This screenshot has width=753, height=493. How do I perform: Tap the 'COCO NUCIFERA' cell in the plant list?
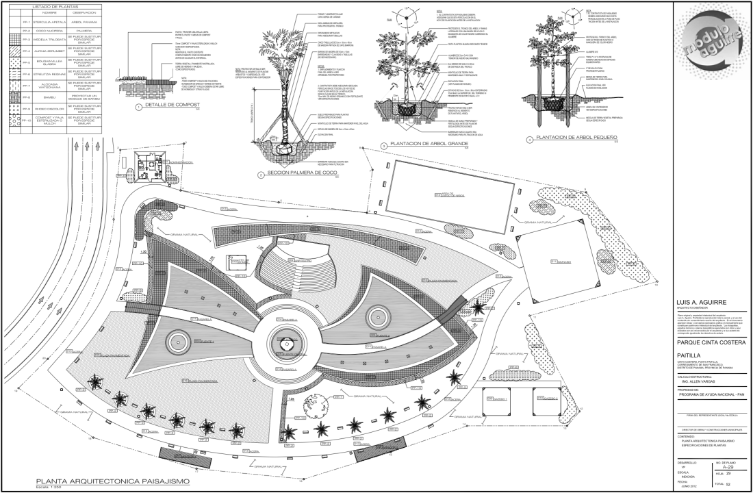point(44,30)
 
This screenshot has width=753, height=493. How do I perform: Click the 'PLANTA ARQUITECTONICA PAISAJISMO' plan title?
point(114,481)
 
